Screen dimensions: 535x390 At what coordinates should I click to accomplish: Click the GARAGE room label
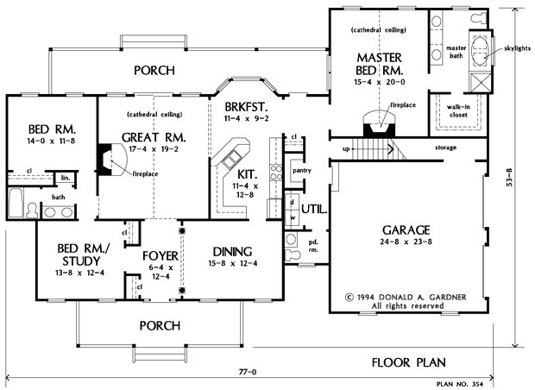[406, 230]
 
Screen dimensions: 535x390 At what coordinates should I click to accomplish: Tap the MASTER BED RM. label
[380, 64]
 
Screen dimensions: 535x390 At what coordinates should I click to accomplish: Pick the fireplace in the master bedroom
[380, 123]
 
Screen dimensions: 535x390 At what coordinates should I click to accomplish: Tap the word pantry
[302, 171]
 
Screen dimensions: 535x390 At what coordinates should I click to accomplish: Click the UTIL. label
[314, 209]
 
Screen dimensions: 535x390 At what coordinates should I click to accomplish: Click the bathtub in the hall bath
[16, 203]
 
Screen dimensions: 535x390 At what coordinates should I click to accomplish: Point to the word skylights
[517, 48]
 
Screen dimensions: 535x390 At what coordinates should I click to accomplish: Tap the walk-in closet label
[458, 111]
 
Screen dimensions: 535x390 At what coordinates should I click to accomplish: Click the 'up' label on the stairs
[346, 149]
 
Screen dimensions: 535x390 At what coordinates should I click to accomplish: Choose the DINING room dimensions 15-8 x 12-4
[233, 263]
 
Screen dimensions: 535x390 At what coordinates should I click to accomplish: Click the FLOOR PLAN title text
[408, 362]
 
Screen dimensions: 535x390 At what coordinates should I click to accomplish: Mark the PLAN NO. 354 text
[460, 385]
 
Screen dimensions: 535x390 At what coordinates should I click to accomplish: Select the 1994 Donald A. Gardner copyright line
[406, 298]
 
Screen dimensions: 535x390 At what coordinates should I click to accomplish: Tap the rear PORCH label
[154, 70]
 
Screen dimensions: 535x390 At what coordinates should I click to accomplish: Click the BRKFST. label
[246, 107]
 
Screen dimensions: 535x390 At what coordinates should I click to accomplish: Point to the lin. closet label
[66, 178]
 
